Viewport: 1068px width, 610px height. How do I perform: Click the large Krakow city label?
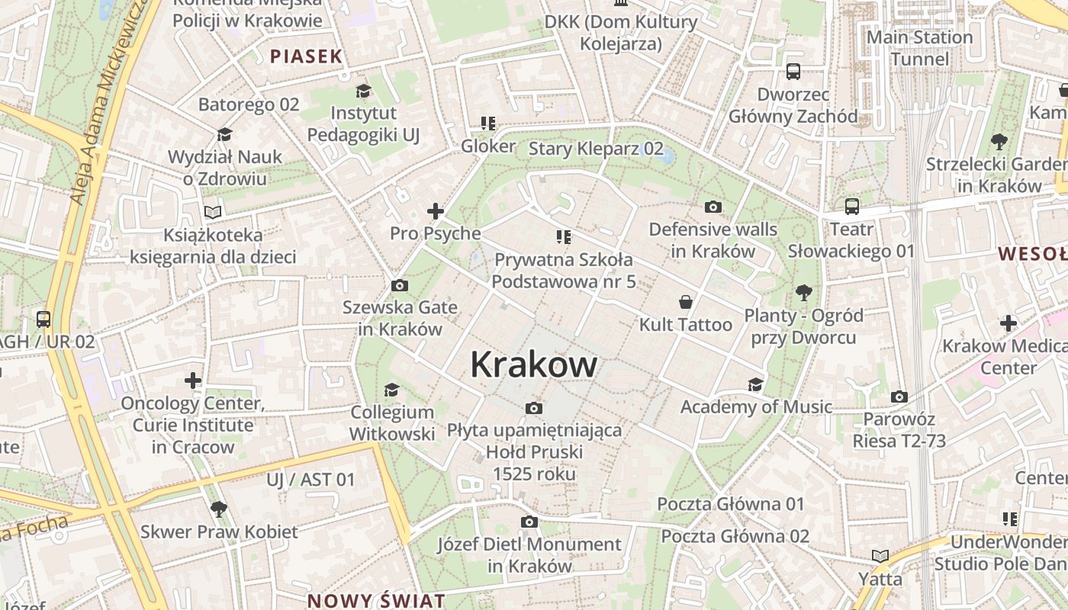point(533,364)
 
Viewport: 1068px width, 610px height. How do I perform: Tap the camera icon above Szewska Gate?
point(399,286)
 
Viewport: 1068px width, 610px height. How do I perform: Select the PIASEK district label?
point(307,56)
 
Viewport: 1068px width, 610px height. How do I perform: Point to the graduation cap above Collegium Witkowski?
point(391,390)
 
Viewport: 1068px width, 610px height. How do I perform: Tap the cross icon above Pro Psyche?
point(436,211)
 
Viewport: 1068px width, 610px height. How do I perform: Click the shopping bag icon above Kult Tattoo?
point(686,302)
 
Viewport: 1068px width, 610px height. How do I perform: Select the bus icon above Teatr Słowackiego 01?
point(851,206)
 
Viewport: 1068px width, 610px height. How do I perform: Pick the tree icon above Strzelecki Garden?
point(999,141)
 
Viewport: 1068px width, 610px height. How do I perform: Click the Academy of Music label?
point(756,407)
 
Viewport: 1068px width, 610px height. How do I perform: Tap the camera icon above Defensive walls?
point(713,207)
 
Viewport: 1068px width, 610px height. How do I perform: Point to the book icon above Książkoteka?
point(213,211)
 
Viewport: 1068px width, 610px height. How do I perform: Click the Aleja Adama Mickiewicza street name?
point(100,107)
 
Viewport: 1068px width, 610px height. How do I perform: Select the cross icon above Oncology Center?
point(193,380)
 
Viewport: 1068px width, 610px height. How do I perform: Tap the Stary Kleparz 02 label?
point(596,149)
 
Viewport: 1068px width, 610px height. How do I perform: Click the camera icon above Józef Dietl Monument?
point(529,522)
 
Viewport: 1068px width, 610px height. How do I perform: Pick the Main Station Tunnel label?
point(919,47)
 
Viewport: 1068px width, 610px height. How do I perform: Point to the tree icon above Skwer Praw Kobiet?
point(219,509)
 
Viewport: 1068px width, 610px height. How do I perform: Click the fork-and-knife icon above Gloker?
point(488,124)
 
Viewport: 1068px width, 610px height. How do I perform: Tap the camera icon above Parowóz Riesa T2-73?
point(899,396)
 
